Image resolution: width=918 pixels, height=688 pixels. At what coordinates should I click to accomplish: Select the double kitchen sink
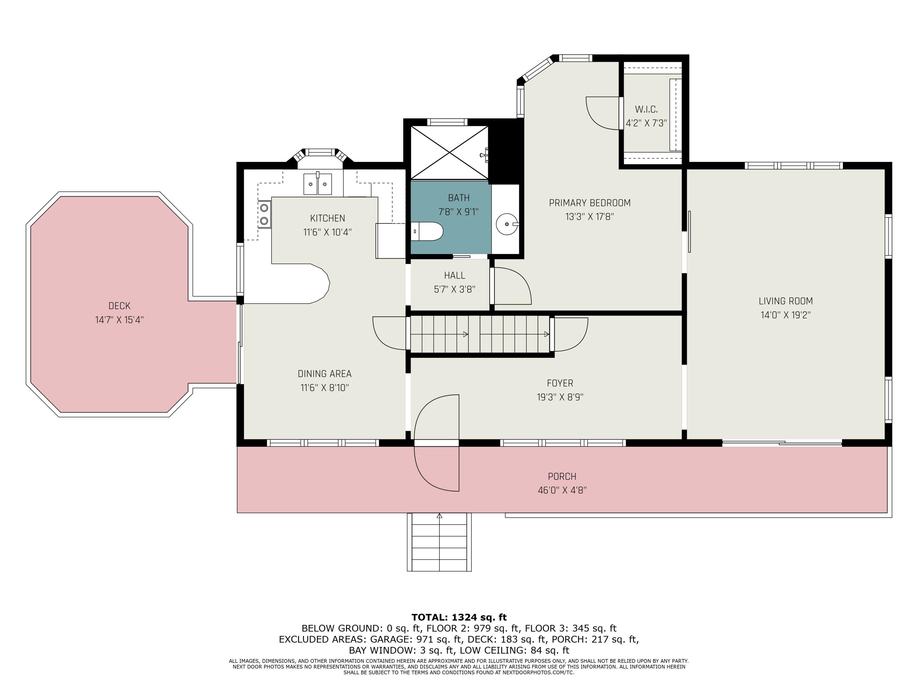318,184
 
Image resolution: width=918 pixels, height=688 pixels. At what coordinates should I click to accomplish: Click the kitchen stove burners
264,214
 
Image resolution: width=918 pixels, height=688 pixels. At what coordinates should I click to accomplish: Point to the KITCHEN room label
327,218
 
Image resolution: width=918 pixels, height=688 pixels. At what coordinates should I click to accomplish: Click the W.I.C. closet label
646,109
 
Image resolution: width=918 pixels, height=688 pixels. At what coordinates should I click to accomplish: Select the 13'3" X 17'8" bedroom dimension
589,216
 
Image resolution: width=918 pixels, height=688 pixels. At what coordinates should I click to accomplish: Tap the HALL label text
454,276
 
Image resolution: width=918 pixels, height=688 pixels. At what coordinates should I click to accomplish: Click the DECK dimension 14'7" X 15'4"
120,320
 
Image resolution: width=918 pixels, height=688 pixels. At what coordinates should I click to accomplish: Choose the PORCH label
562,476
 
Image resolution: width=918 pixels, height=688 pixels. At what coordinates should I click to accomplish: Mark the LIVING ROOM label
786,301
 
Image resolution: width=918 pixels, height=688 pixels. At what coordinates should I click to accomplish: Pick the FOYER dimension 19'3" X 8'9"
560,397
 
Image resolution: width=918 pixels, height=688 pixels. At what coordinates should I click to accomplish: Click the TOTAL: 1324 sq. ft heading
459,617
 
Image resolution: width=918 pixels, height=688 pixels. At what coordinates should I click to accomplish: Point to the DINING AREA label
325,374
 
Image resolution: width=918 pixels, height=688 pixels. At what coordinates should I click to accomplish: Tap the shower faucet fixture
484,155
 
